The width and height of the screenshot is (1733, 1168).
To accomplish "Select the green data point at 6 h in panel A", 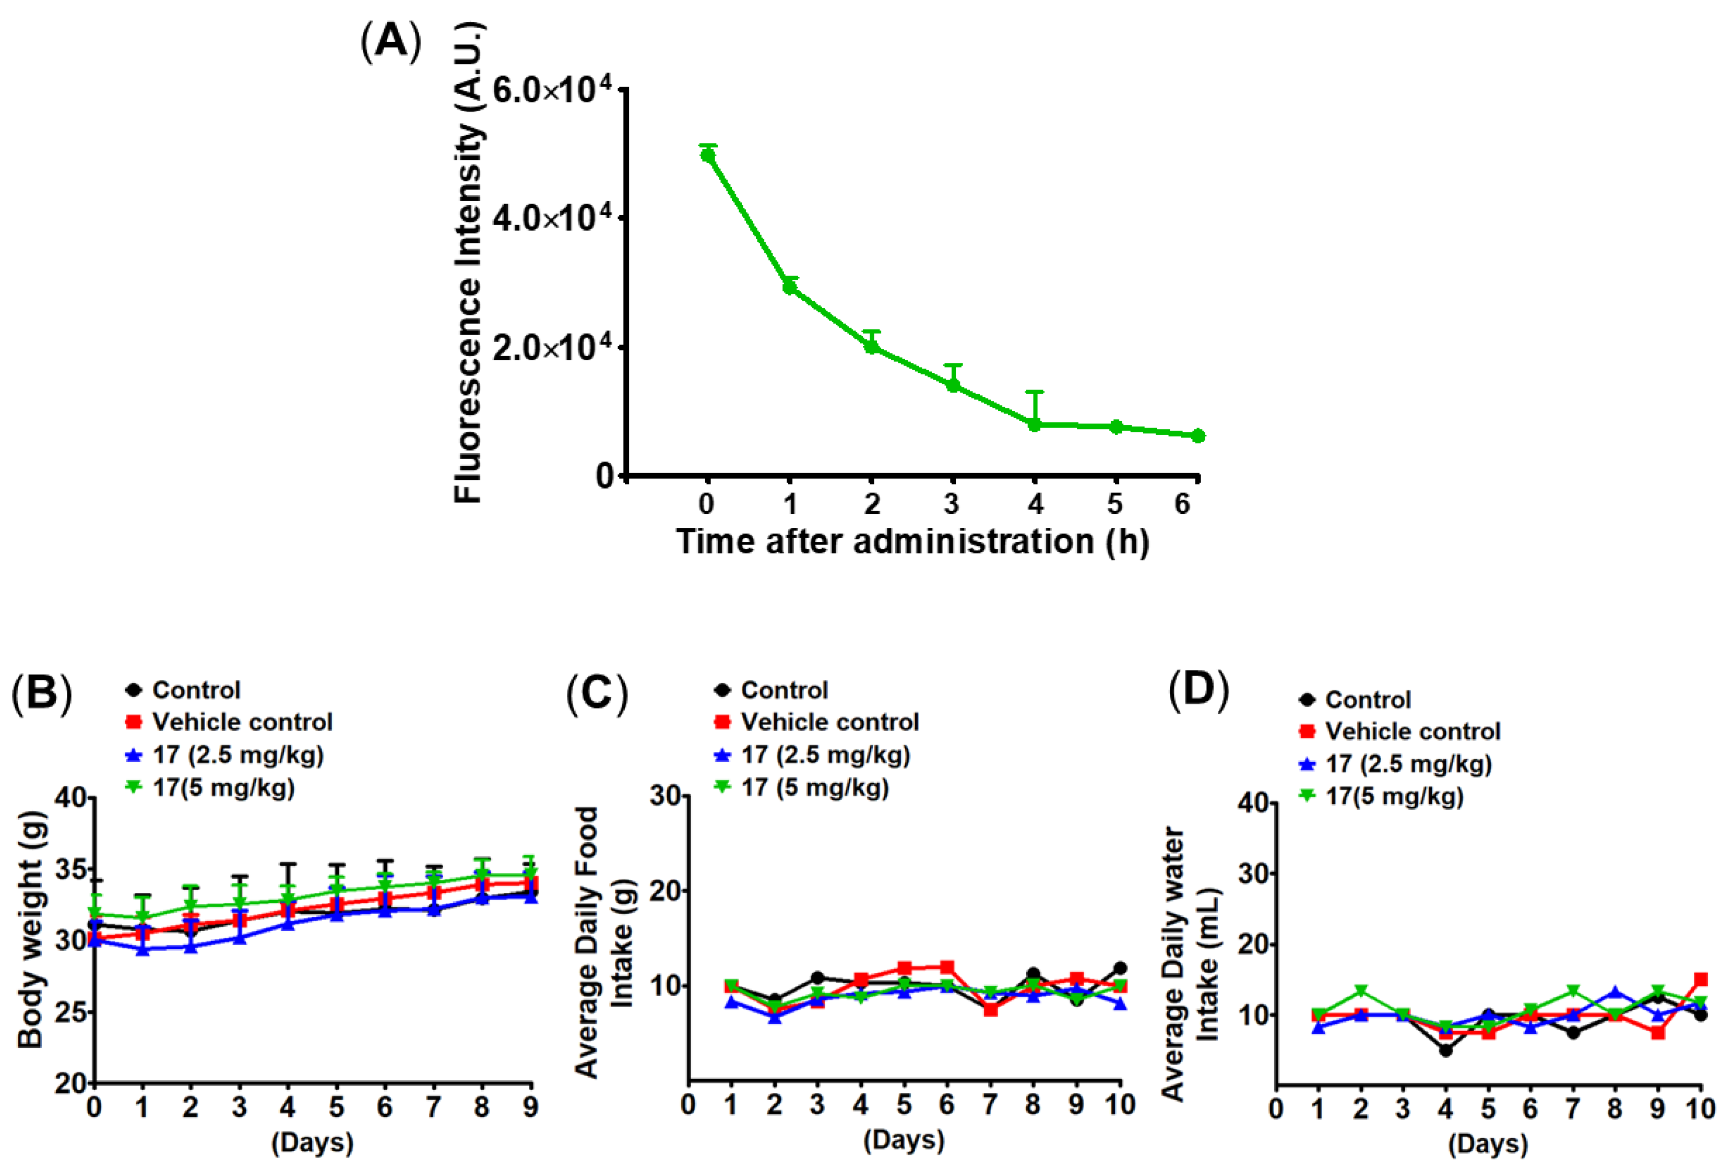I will tap(1197, 436).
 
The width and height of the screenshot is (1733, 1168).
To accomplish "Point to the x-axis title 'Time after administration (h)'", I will tap(912, 541).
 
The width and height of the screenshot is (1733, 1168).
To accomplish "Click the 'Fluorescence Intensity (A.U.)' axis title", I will tap(469, 262).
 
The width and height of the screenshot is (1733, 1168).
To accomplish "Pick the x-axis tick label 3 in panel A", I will tap(951, 504).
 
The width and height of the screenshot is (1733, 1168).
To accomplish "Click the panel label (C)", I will tap(597, 692).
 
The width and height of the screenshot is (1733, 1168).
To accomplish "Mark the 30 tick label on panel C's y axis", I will tap(665, 796).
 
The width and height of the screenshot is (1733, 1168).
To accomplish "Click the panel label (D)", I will tap(1198, 690).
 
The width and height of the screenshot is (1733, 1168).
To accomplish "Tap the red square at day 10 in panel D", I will tap(1701, 979).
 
